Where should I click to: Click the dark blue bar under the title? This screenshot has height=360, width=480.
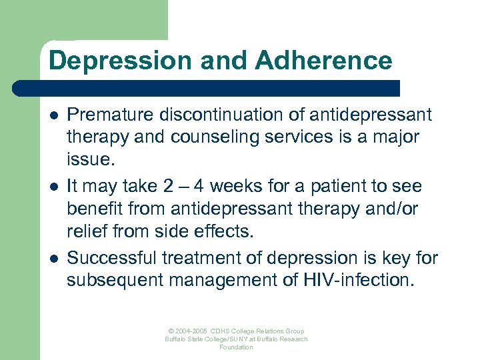[x=207, y=89]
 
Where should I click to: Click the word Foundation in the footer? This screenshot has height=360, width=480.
[x=236, y=347]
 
